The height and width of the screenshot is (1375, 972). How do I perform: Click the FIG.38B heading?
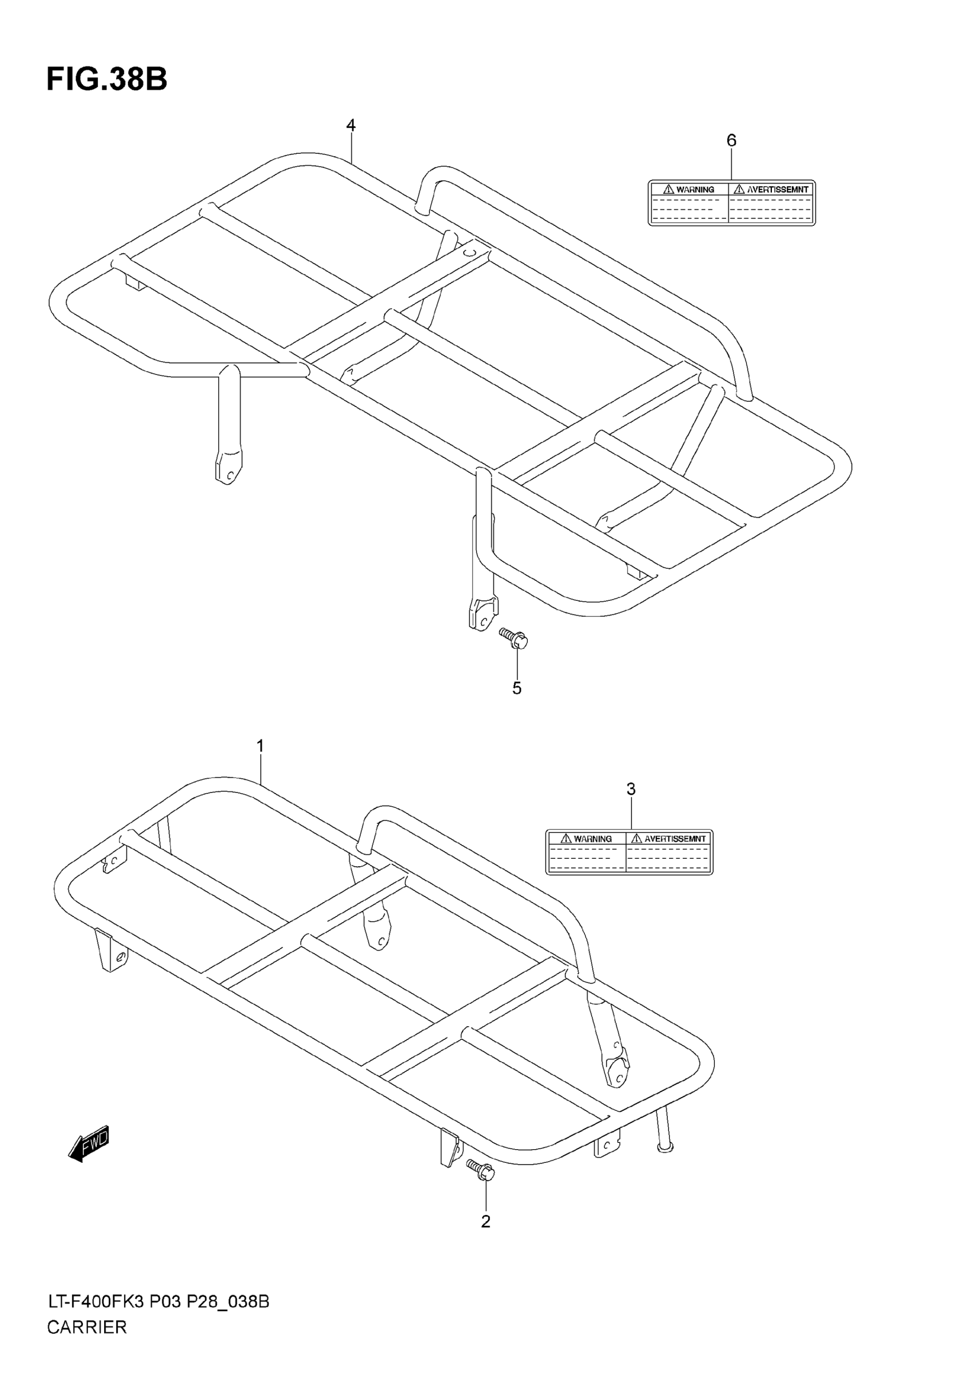point(106,79)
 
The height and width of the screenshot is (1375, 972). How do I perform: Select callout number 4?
point(351,126)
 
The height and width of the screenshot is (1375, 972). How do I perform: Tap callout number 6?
point(731,141)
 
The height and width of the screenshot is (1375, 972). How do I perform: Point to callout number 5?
point(517,689)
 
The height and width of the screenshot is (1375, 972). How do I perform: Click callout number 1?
point(261,746)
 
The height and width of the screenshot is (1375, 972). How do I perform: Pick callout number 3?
point(631,790)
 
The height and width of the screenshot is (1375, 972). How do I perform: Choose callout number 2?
point(485,1222)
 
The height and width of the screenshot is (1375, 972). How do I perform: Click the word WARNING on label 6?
point(695,190)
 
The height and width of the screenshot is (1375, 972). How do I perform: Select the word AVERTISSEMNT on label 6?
point(778,190)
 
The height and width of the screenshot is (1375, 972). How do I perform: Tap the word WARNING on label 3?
point(593,839)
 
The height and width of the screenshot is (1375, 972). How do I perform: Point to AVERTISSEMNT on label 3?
point(675,839)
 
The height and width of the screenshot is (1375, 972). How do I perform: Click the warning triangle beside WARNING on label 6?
point(668,189)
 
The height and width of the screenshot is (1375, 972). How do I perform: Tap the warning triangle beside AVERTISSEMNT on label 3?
point(636,838)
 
